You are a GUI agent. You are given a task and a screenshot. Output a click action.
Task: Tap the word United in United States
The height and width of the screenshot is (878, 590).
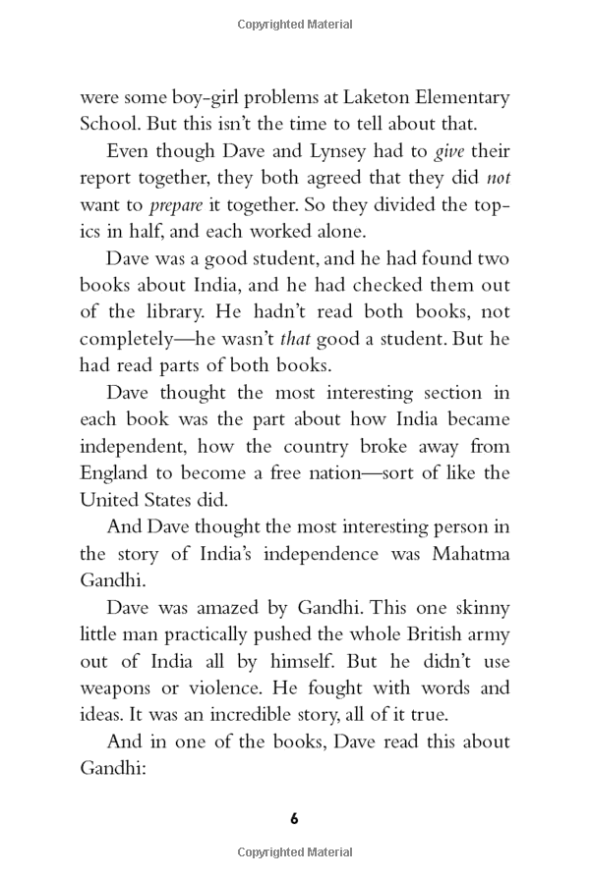tap(109, 500)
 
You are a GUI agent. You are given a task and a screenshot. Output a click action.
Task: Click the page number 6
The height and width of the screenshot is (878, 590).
tap(294, 818)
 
